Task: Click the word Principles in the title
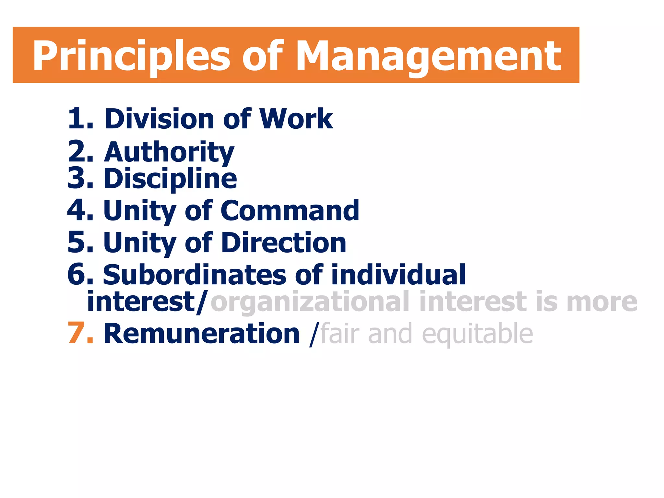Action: (131, 56)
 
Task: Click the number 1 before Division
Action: (76, 119)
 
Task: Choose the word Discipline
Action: (171, 179)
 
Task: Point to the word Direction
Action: (284, 243)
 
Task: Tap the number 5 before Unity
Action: (77, 243)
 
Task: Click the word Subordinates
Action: (195, 275)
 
